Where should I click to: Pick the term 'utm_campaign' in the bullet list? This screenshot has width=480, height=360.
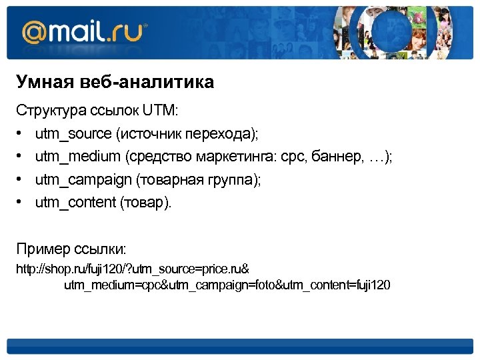click(x=83, y=180)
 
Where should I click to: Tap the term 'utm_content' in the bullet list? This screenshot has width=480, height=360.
click(x=75, y=203)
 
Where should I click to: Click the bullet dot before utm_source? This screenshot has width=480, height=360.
click(x=21, y=133)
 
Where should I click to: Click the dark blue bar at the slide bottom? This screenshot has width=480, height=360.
click(x=239, y=346)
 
